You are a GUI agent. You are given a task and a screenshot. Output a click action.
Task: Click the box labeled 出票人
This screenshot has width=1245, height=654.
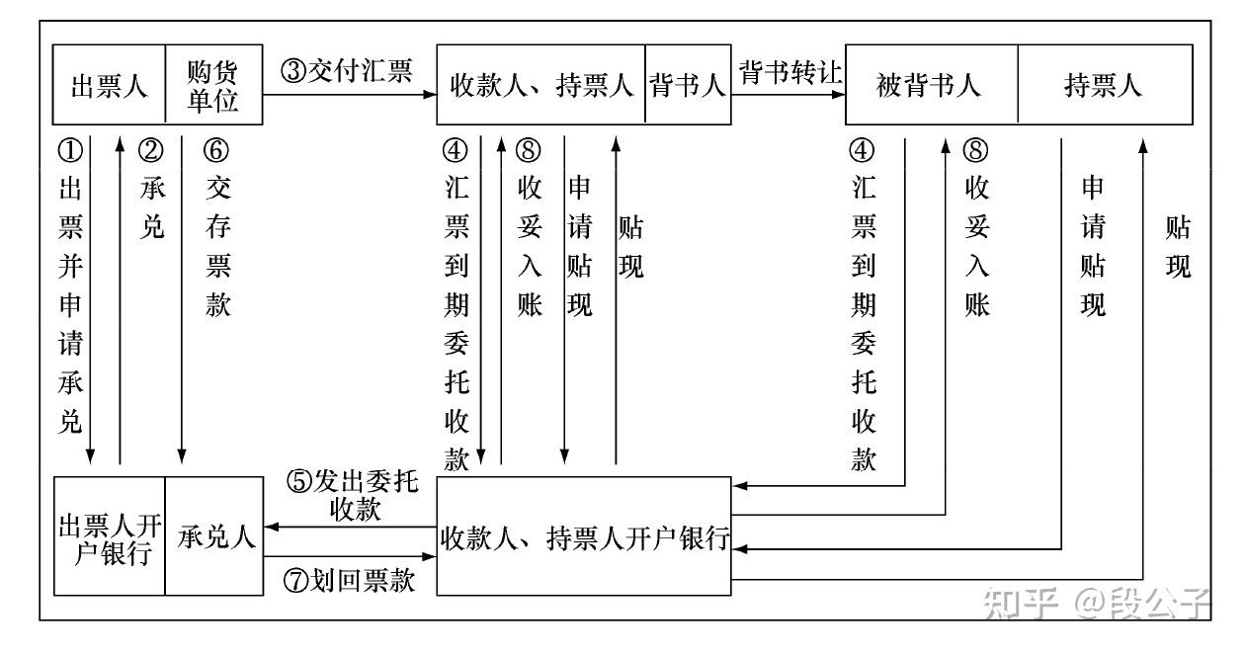109,85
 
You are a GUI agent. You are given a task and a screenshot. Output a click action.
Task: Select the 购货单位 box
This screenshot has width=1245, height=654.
213,85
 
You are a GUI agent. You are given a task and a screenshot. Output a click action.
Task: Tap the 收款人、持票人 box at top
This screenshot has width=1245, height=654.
541,85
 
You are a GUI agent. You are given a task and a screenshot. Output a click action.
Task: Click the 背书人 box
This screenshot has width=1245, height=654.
688,85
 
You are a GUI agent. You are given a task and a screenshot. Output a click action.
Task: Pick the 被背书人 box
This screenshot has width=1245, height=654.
931,85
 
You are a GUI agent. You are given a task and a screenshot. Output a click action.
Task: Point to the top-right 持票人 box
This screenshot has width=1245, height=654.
1104,85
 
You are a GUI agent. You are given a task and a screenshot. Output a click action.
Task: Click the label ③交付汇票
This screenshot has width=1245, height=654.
347,71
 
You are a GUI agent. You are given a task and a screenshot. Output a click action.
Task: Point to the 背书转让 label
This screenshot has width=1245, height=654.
789,71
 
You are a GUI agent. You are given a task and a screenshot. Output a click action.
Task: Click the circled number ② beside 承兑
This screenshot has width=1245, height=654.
152,150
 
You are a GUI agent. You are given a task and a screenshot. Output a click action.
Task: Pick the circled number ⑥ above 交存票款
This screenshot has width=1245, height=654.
216,150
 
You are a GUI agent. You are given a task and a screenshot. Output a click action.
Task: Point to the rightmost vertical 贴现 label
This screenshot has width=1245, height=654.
1178,248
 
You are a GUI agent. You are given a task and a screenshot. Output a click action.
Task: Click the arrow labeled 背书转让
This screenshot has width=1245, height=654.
788,96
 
